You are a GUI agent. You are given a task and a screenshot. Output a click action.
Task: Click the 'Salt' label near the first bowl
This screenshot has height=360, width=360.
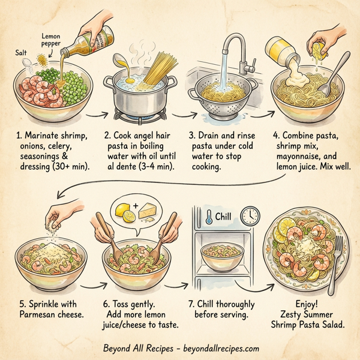pos(21,53)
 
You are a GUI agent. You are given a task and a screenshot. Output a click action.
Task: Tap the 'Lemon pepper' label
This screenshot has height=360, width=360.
pos(51,41)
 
